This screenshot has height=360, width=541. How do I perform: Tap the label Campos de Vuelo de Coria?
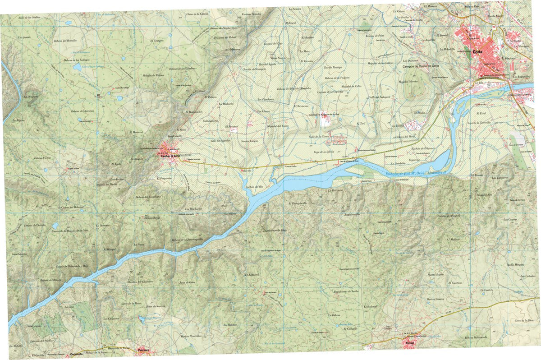(x=421, y=66)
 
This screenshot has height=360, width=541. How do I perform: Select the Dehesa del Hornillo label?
(x=72, y=41)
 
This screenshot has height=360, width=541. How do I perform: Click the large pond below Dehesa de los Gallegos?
(x=77, y=68)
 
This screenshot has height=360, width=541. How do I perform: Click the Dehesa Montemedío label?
(x=477, y=338)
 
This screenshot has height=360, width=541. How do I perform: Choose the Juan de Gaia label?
(x=187, y=282)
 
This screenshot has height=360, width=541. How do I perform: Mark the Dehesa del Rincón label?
(x=50, y=280)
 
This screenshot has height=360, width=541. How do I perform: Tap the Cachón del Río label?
(x=254, y=186)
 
